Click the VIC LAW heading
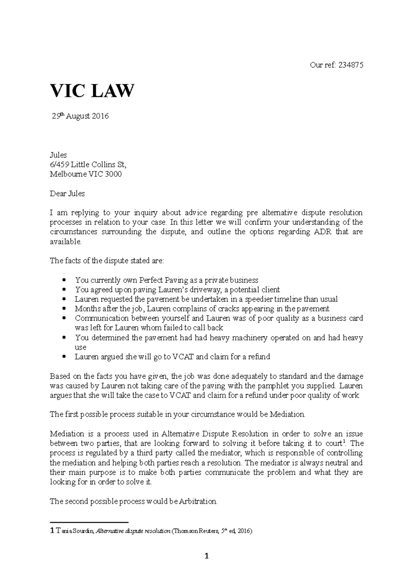pyautogui.click(x=92, y=91)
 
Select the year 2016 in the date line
pyautogui.click(x=100, y=116)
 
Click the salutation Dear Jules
pyautogui.click(x=67, y=194)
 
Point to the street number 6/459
pyautogui.click(x=59, y=164)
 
